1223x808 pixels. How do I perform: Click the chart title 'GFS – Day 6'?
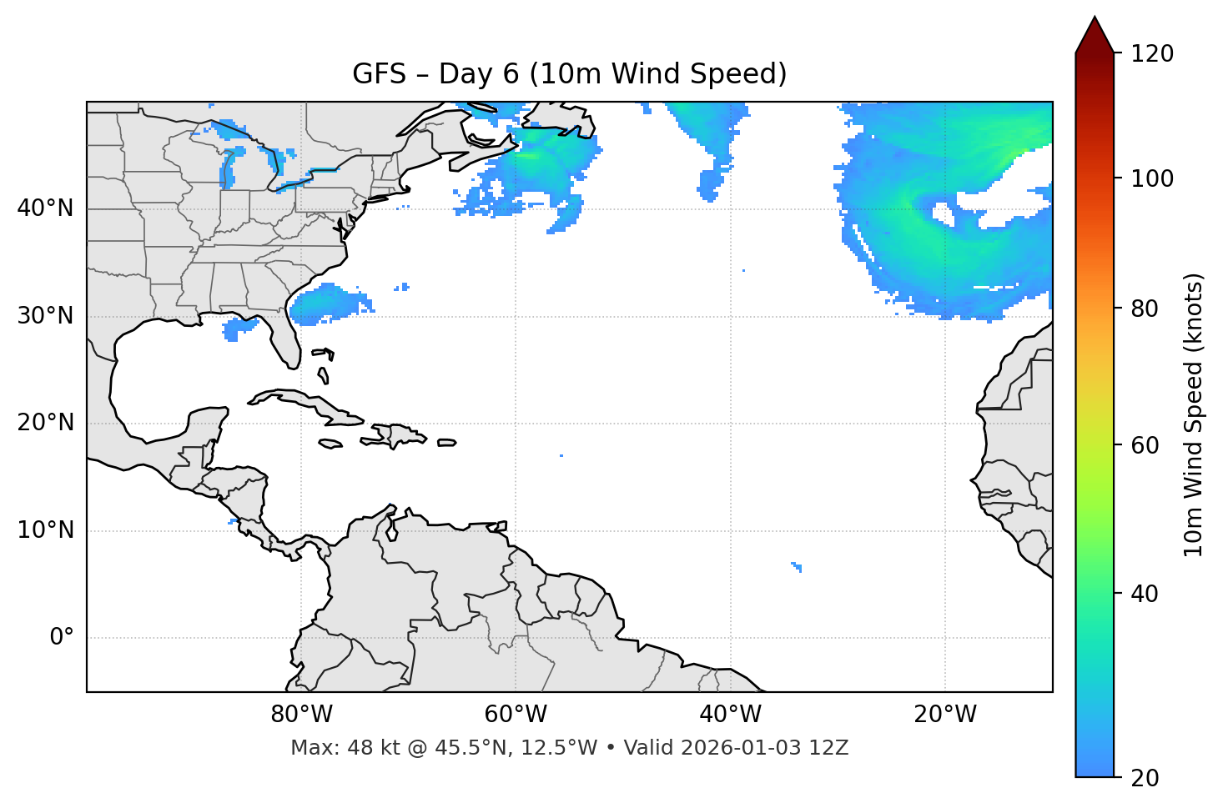tap(569, 74)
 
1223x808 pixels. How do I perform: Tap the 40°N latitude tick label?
tap(45, 208)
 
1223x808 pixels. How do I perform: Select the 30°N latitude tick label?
tap(45, 316)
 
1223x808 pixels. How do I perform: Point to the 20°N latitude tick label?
tap(45, 423)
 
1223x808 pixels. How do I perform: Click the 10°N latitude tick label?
tap(45, 530)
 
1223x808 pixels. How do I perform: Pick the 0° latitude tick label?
tap(62, 638)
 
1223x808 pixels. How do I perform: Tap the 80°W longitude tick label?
tap(301, 715)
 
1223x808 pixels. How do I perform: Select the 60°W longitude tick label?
tap(516, 715)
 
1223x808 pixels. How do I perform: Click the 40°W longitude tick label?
tap(730, 715)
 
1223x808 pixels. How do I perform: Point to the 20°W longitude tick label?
tap(945, 715)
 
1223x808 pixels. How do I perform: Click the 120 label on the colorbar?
tap(1152, 54)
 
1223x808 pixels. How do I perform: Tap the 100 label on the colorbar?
tap(1152, 178)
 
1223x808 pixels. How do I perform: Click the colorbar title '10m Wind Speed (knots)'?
tap(1194, 414)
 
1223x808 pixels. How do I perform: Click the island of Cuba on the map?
tap(309, 404)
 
